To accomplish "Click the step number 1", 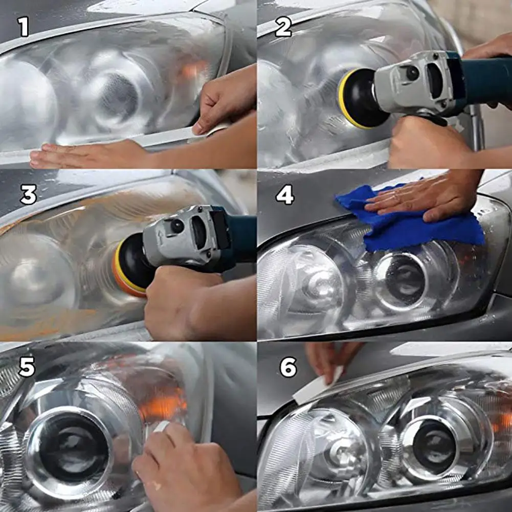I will tap(24, 27).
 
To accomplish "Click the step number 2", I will tap(283, 27).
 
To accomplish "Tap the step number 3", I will tap(29, 195).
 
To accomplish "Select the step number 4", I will tap(285, 195).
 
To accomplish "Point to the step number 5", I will tap(27, 367).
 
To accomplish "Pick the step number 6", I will tap(288, 367).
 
